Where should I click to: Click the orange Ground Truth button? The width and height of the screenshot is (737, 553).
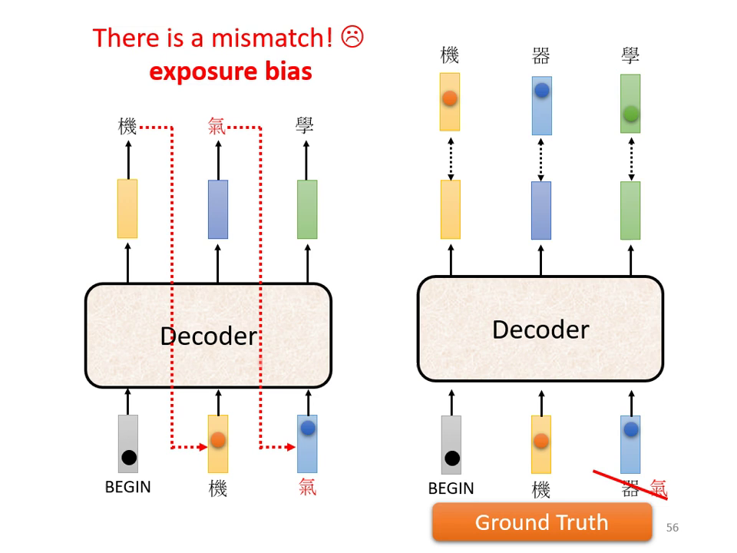click(541, 522)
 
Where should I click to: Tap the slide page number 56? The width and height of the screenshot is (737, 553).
click(673, 528)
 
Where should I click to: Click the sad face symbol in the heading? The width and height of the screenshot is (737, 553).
click(352, 37)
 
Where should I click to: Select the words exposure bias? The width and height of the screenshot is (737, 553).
click(230, 71)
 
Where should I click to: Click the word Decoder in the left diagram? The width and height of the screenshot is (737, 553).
click(208, 336)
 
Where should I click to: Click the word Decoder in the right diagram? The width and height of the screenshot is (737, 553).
click(540, 329)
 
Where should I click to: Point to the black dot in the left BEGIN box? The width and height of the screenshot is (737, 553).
click(129, 458)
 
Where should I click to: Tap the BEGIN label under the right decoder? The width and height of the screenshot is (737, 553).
click(451, 488)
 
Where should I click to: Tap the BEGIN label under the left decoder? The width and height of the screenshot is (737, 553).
click(127, 487)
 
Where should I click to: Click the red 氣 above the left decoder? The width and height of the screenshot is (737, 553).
click(217, 126)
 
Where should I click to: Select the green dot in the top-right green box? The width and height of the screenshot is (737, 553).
click(630, 114)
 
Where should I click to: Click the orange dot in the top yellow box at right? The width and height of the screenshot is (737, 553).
click(450, 98)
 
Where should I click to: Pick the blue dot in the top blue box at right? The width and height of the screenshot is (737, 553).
click(541, 91)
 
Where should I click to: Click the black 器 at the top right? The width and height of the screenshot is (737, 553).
click(540, 55)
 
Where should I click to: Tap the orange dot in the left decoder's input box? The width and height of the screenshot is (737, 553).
click(218, 439)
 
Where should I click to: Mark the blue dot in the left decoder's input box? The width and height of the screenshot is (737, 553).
click(308, 428)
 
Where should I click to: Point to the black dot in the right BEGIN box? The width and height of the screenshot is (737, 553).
click(452, 459)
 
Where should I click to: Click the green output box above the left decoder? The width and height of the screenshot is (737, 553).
click(307, 209)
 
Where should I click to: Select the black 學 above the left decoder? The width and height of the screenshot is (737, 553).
click(306, 126)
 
